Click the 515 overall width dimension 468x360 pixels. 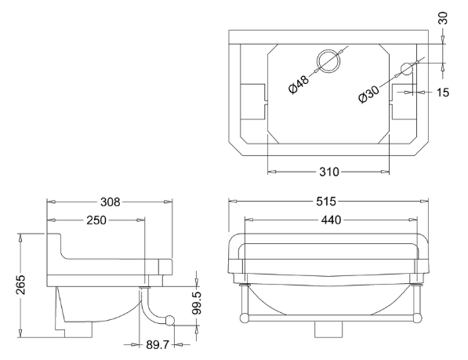point(326,202)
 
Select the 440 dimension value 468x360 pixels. point(331,220)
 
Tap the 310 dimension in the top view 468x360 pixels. point(329,172)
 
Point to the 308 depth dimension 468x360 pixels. point(110,202)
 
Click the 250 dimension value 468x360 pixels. point(96,220)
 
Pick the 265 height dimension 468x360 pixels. point(21,285)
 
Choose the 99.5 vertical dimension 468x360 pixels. point(197,303)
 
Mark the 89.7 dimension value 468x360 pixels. point(158,345)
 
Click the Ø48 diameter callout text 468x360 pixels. point(299,85)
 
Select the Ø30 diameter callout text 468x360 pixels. point(369,94)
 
